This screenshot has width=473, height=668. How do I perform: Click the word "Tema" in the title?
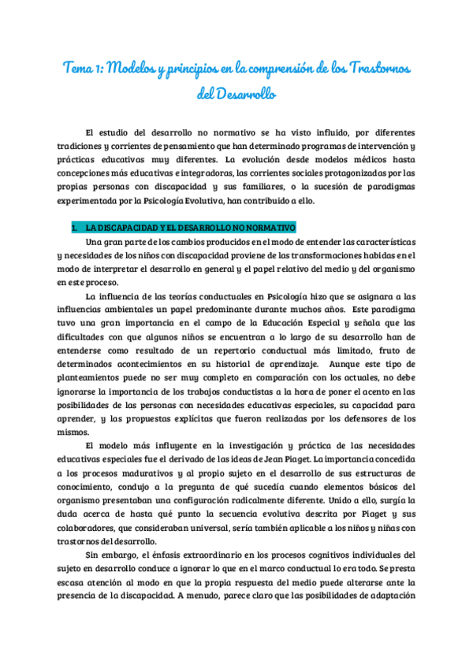pyautogui.click(x=79, y=69)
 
